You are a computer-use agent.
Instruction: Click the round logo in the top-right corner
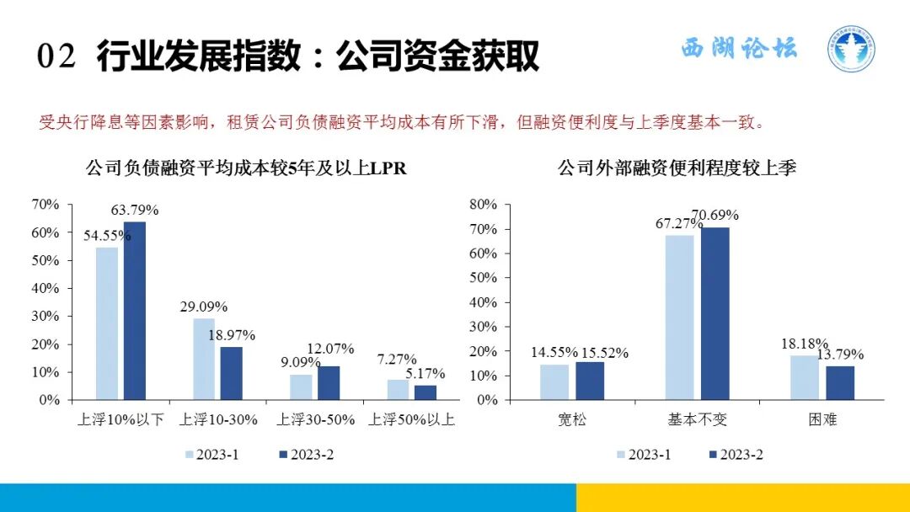pos(850,48)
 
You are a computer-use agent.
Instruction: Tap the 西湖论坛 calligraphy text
pos(738,49)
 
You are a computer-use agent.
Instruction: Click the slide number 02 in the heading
pos(57,57)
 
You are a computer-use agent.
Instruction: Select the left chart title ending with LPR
pos(246,168)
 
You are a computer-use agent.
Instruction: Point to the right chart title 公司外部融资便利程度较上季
pos(677,168)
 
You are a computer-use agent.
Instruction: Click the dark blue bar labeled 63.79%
pos(135,310)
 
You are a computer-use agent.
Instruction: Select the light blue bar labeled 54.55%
pos(107,323)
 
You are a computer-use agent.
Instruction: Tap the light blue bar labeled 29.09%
pos(204,359)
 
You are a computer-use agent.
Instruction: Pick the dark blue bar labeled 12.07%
pos(329,382)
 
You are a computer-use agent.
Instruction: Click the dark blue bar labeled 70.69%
pos(715,313)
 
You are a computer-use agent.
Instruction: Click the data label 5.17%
pos(425,374)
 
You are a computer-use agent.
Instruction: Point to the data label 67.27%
pos(678,224)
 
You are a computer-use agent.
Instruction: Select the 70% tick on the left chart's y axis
pos(45,205)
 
